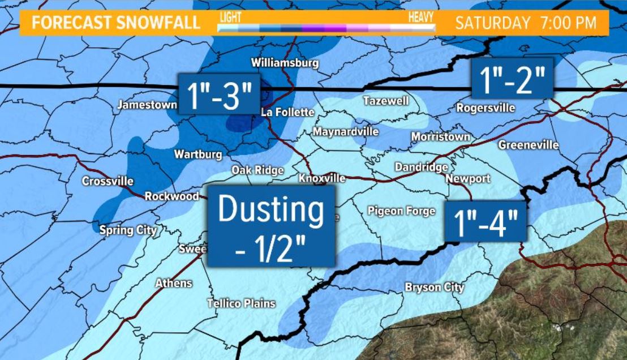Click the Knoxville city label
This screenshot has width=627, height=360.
pos(322,178)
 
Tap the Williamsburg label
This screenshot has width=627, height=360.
pos(285,63)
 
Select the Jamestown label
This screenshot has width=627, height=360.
pos(146,105)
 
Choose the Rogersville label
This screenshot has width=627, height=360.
pos(486,108)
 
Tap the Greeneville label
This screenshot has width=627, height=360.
pos(528,145)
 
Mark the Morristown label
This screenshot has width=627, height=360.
pos(441,137)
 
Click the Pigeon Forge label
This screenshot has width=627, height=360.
pos(401,211)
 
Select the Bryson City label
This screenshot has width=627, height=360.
pos(434,288)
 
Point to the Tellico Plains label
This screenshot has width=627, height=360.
pos(241,304)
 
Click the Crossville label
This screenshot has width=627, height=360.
pos(108,182)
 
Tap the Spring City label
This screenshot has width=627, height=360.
pos(128,230)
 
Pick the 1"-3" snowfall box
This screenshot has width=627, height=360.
pos(219,93)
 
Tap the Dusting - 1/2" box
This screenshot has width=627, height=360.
pos(271,225)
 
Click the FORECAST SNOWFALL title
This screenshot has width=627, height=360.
pos(116,23)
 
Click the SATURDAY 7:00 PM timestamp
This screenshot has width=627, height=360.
pos(526,23)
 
